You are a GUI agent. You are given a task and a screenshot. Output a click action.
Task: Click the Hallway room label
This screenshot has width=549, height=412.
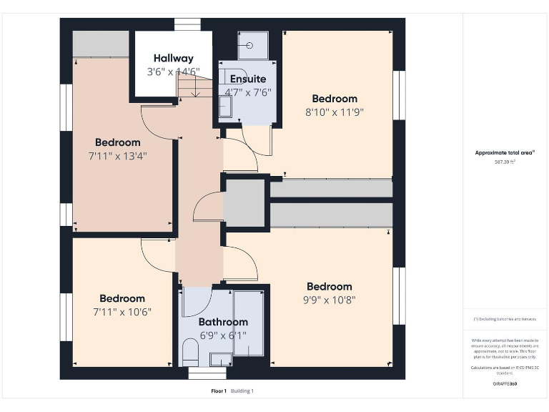coord(173,59)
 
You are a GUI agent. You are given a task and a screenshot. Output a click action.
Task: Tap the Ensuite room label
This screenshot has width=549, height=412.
coord(247,79)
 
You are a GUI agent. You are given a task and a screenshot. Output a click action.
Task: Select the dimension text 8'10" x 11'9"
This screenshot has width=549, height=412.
coord(335,112)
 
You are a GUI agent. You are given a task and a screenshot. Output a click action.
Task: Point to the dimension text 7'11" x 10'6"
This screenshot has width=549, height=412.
coord(122,312)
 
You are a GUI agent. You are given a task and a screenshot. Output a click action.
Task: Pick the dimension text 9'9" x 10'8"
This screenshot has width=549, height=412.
coord(330,300)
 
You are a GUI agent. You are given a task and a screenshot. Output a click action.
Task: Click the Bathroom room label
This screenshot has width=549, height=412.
coord(223,322)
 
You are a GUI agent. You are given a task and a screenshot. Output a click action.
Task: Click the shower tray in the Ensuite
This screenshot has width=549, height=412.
coord(252,45)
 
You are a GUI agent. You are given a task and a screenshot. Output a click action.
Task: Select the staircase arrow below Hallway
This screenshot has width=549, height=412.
coord(195,89)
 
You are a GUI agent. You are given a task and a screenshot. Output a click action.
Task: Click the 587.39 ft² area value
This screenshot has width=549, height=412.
coord(505,162)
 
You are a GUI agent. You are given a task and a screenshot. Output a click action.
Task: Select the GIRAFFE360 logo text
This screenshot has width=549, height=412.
coord(505,384)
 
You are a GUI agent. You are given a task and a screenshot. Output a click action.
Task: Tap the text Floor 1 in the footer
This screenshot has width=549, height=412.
coord(219,391)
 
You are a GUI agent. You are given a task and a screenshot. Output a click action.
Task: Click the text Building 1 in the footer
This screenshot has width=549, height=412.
coord(242,391)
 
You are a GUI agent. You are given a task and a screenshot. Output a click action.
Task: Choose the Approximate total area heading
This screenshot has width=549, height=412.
coord(505,152)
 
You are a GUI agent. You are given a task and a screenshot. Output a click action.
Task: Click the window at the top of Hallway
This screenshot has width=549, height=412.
coord(188,25)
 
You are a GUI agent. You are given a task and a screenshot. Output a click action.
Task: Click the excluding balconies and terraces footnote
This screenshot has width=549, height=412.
coord(505,319)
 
